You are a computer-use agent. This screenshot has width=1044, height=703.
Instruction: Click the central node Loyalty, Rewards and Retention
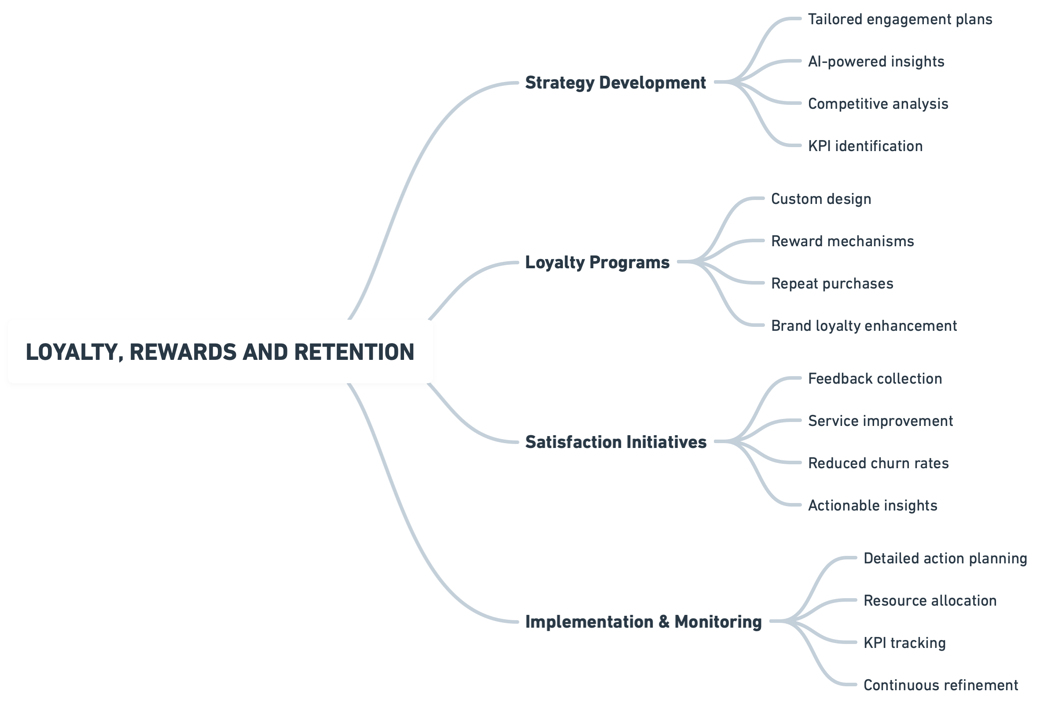tap(220, 351)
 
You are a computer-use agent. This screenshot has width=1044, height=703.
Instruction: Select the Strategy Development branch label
tap(615, 82)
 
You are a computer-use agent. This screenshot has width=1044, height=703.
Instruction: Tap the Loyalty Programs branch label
tap(597, 262)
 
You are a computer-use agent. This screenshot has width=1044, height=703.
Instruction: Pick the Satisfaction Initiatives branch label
tap(616, 442)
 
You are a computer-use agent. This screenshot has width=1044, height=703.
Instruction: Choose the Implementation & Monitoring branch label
tap(643, 622)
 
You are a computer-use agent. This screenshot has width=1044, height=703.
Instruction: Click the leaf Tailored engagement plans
tap(900, 19)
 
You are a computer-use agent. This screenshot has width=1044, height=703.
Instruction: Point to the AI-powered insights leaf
tap(875, 61)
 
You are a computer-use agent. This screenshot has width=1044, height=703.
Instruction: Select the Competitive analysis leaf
tap(878, 104)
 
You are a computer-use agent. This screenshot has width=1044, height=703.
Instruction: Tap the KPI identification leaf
tap(865, 146)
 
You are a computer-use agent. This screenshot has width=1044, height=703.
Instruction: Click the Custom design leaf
tap(821, 199)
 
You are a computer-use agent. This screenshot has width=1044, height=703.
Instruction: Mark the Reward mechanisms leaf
tap(842, 241)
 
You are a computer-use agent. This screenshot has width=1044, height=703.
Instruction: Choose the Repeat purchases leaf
tap(832, 283)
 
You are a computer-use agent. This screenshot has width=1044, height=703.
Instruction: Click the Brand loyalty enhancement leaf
tap(864, 326)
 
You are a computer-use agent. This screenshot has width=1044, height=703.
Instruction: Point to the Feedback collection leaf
tap(875, 379)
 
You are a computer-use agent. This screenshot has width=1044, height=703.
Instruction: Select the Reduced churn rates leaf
tap(878, 463)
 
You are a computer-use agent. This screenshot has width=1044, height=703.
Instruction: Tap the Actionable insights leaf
tap(872, 505)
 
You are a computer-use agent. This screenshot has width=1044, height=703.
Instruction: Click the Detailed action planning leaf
tap(945, 559)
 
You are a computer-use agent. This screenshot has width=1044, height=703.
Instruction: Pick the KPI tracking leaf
tap(904, 643)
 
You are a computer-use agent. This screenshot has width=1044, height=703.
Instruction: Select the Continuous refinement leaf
tap(941, 685)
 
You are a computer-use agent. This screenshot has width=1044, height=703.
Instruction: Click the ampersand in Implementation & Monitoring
tap(664, 622)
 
